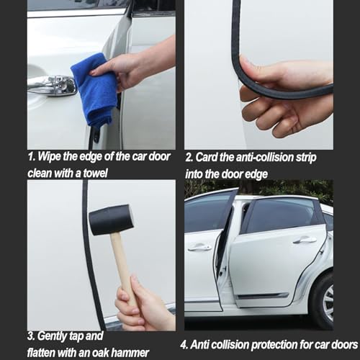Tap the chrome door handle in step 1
tap(52, 85)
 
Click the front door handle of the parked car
tap(199, 247)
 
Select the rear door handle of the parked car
tap(305, 240)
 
